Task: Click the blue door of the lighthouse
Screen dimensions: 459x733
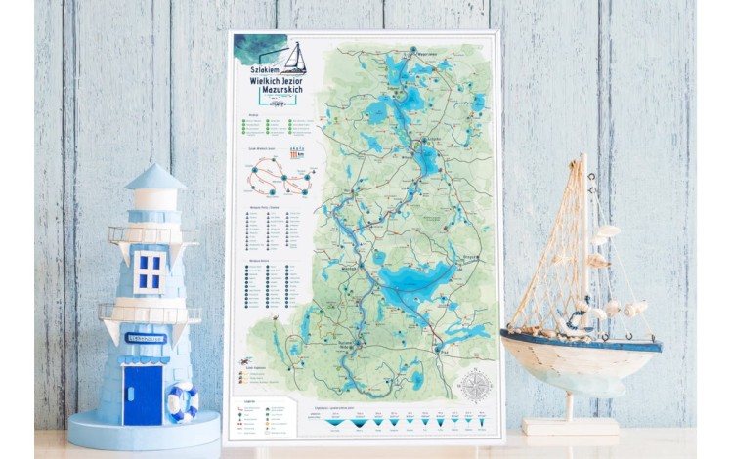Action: tap(143, 395)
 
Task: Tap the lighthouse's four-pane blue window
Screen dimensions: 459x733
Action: tap(150, 271)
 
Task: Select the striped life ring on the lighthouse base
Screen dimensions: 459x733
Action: tap(183, 400)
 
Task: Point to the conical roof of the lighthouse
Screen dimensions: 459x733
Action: tap(155, 178)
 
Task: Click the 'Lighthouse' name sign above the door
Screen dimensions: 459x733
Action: tap(146, 338)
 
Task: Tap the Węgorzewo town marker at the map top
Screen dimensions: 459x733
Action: tap(413, 52)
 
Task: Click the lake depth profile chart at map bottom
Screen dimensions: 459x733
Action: tap(401, 421)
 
